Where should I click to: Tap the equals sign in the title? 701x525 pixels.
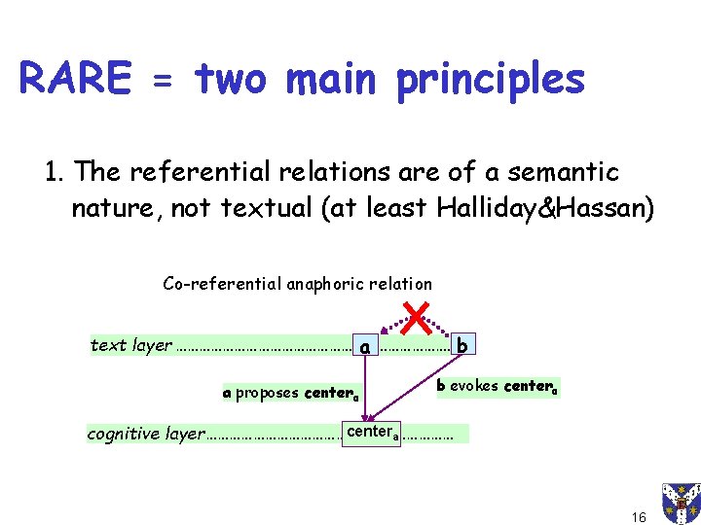pos(163,82)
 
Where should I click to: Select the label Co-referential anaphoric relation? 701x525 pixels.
pos(297,284)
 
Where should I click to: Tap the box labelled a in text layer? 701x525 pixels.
pos(364,345)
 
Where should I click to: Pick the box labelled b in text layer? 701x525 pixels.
pos(462,344)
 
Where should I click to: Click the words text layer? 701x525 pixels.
pos(130,345)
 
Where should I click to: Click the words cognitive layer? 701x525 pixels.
pos(146,434)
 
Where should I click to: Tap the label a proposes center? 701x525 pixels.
pos(291,394)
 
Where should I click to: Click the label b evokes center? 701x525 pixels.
pos(497,386)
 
